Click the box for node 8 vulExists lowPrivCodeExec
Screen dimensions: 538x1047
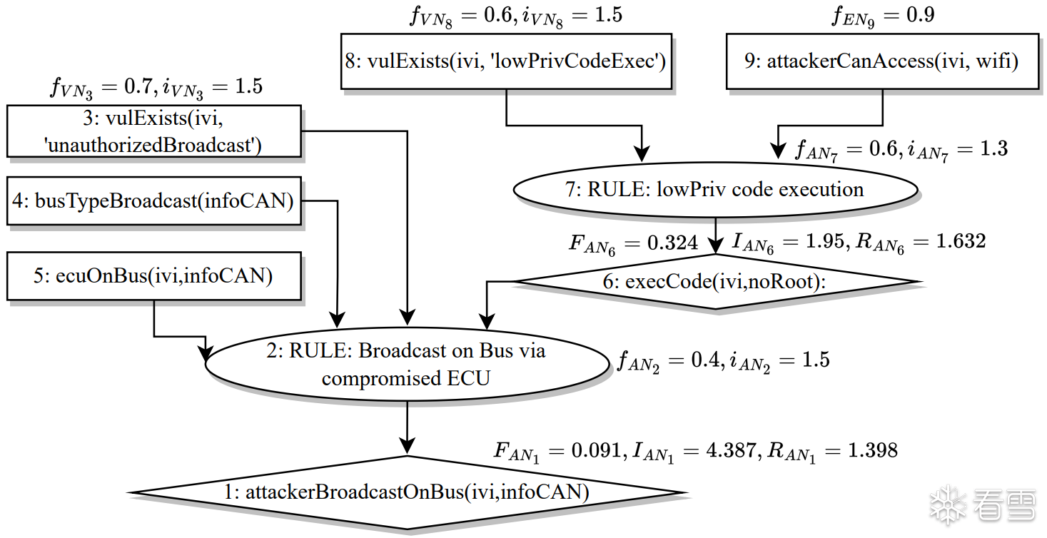pos(507,61)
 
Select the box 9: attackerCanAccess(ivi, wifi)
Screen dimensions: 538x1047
pos(882,61)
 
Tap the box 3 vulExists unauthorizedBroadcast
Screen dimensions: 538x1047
pos(154,131)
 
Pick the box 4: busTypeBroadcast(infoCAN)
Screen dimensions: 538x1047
pos(155,202)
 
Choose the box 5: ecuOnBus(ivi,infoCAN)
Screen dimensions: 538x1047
pos(153,275)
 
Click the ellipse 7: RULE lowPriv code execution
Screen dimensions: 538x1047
pos(715,190)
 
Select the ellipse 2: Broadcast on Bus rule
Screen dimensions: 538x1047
pos(407,364)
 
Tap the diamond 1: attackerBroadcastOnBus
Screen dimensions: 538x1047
pos(407,492)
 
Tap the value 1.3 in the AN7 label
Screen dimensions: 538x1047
pos(992,148)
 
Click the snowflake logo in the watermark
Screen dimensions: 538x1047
pos(947,505)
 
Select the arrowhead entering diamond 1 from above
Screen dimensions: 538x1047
pos(407,447)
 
